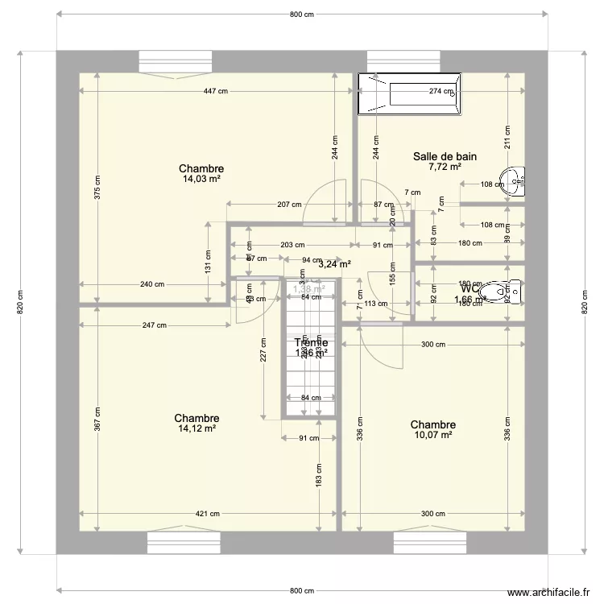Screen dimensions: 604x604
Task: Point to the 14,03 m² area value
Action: pyautogui.click(x=201, y=180)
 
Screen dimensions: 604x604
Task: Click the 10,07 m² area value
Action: pyautogui.click(x=432, y=436)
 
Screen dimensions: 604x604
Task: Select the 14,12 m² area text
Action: pyautogui.click(x=197, y=429)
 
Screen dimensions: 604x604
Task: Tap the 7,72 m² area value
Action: pyautogui.click(x=445, y=168)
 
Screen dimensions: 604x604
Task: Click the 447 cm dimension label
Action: pyautogui.click(x=215, y=91)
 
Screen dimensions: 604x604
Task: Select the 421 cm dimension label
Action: pyautogui.click(x=208, y=514)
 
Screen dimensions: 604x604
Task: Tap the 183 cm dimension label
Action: pyautogui.click(x=319, y=476)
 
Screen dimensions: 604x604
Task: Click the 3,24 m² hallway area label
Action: pyautogui.click(x=334, y=263)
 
